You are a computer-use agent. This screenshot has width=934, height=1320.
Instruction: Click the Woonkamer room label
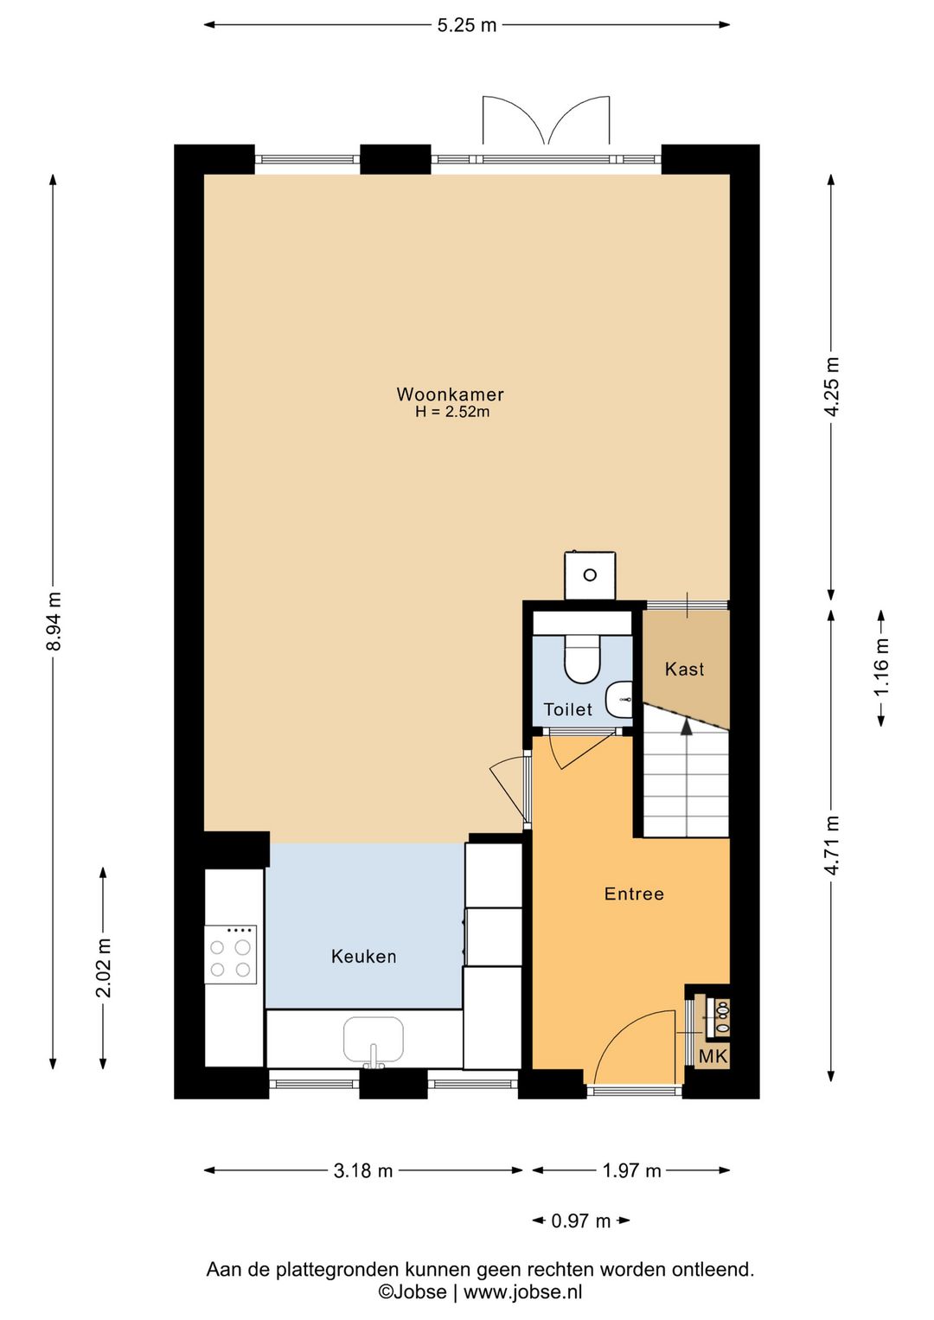tap(451, 394)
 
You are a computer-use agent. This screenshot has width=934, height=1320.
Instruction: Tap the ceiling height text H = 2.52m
tap(452, 412)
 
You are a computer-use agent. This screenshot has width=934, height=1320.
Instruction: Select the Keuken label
tap(363, 956)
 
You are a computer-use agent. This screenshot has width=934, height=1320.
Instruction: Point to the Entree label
tap(634, 894)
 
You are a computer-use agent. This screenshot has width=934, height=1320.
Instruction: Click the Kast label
tap(684, 669)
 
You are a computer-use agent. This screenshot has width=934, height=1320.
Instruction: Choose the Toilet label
tap(567, 709)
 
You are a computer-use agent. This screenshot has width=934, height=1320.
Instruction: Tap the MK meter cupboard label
tap(713, 1056)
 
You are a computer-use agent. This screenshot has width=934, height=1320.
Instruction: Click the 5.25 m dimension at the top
tap(467, 25)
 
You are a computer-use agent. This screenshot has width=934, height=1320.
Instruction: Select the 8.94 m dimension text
tap(54, 621)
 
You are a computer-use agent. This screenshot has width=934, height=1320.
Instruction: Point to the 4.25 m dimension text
tap(831, 387)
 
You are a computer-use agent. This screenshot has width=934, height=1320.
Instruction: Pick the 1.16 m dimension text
tap(881, 668)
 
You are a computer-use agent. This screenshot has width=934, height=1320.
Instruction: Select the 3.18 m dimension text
tap(363, 1171)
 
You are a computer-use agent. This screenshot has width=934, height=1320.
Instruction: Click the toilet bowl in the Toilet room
tap(582, 658)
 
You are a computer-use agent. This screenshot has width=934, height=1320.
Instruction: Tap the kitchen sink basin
tap(373, 1038)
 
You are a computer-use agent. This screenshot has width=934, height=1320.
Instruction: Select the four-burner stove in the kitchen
tap(230, 954)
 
